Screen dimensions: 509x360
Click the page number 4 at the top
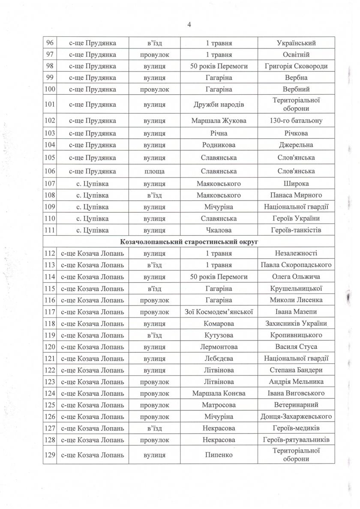pos(189,24)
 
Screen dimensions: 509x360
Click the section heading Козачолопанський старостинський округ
pos(189,242)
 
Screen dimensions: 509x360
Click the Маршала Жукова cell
pos(219,121)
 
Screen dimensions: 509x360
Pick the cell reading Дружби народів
pos(219,105)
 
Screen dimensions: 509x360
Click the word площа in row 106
pos(155,171)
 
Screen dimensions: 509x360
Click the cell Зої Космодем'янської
pos(219,311)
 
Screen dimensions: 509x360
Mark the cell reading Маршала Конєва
pos(219,393)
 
